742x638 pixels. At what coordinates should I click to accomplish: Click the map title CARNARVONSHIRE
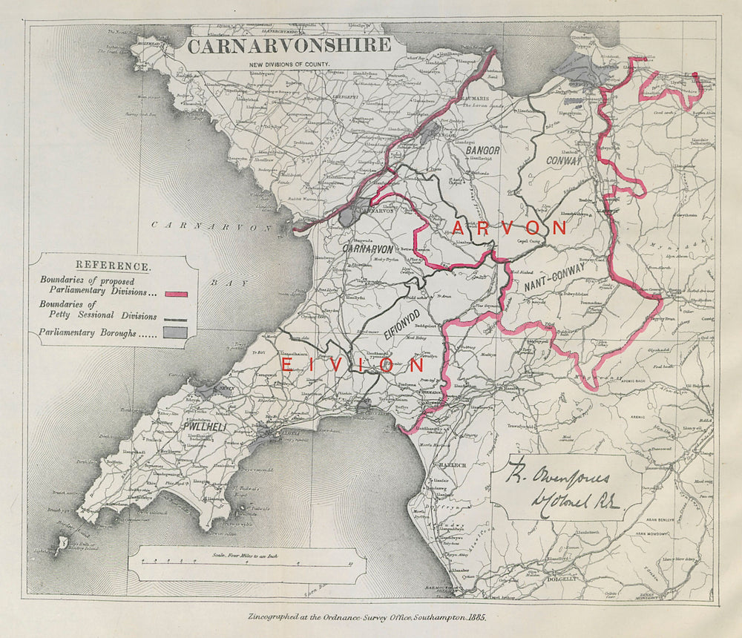(289, 47)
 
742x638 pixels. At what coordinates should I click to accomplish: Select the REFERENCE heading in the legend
(114, 266)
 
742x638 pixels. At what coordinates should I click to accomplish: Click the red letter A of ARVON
(459, 228)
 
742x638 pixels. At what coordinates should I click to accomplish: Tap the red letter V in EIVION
(338, 365)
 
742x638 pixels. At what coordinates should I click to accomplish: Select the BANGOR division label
(483, 151)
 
